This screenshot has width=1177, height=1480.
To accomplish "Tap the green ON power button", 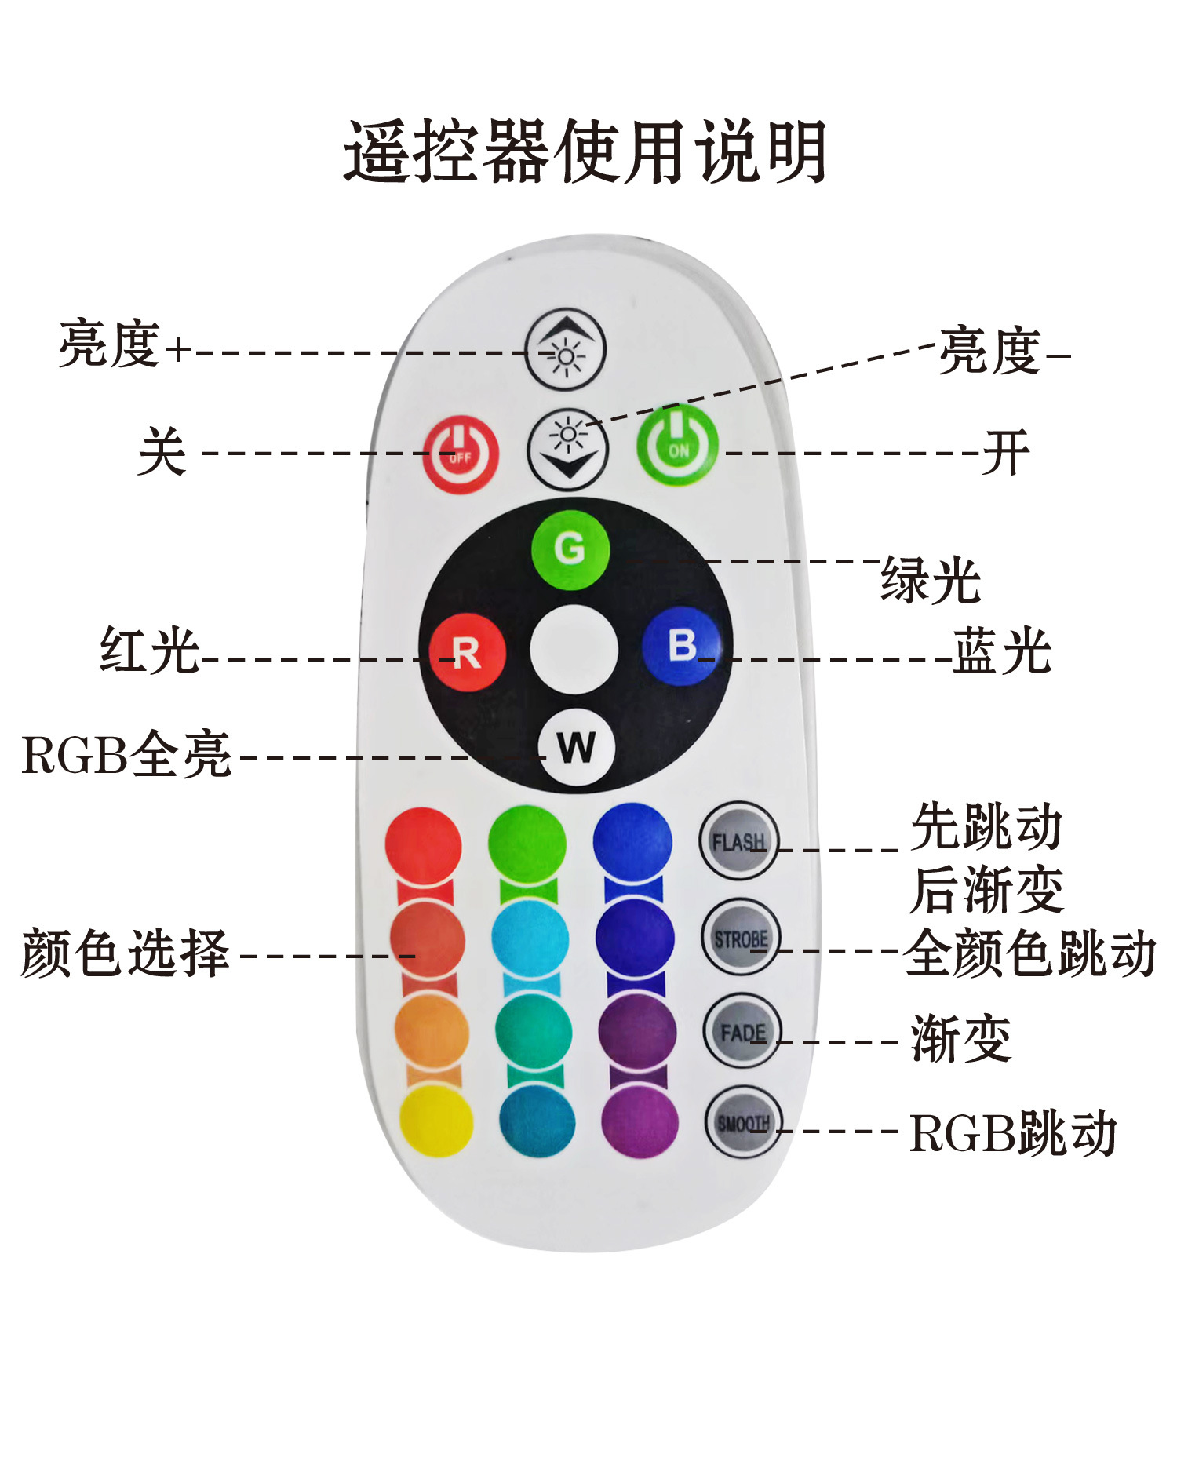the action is pos(678,446).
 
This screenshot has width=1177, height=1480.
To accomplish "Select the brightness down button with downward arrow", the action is pos(568,450).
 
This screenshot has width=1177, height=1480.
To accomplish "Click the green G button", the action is pos(570,549).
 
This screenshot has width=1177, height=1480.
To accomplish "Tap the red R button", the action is pos(467,652).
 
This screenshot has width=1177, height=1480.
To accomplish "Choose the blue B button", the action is pos(681,646).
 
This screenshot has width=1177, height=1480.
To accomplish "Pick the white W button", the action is pos(577,747).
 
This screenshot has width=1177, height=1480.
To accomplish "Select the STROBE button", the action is pos(740,938).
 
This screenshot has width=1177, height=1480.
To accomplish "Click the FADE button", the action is pos(742,1031).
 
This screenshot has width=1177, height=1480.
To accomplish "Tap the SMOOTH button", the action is pos(743,1123).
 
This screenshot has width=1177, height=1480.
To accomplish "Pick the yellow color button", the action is pos(435,1120).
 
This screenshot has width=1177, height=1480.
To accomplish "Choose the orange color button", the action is pos(431,1030).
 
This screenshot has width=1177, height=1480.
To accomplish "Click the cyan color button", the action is pos(530,939).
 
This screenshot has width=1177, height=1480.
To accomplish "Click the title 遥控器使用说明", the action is pos(585,151).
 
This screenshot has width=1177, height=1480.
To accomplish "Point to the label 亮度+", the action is pos(125,344).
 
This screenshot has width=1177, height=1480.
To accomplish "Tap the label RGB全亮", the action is pos(126,755).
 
